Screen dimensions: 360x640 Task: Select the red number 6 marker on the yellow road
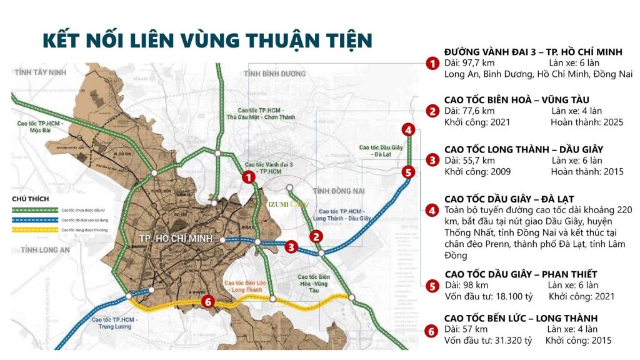(209, 302)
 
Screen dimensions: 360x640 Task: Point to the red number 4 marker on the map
(407, 130)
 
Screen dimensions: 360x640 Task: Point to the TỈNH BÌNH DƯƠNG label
(276, 74)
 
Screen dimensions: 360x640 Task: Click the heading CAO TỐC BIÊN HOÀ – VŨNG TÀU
(516, 100)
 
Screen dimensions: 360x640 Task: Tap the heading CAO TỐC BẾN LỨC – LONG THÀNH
(521, 318)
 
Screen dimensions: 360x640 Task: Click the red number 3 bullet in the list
(432, 161)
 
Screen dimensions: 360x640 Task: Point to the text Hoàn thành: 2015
(587, 172)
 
